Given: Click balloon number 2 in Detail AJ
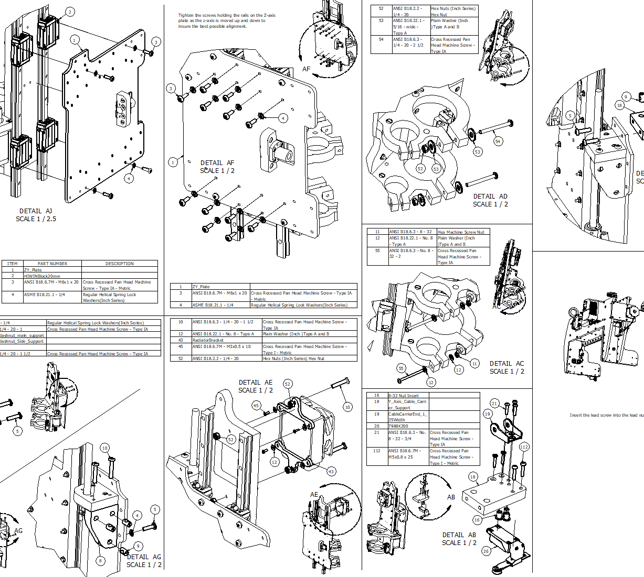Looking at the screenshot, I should click(x=70, y=12).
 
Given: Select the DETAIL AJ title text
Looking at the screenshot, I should click(x=36, y=211).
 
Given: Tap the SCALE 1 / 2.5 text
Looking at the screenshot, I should click(x=36, y=219).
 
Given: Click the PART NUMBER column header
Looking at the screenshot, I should click(x=52, y=264).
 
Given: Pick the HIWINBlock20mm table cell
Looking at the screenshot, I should click(x=42, y=276).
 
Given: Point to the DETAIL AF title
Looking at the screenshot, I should click(x=217, y=163).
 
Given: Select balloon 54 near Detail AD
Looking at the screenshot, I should click(x=498, y=141).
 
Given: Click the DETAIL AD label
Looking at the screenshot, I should click(x=490, y=197).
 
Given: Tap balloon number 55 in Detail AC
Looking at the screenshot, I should click(x=401, y=368).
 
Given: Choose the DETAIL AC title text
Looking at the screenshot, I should click(x=506, y=364).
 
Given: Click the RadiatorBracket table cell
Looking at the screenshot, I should click(x=208, y=340).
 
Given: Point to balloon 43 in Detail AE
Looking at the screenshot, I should click(x=331, y=472).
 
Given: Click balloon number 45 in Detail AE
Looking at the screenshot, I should click(x=256, y=406).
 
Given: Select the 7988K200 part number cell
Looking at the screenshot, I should click(x=398, y=426).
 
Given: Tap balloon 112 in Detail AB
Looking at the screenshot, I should click(x=524, y=447).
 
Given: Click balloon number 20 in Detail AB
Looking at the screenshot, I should click(x=486, y=551).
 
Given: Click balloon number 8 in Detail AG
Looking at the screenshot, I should click(x=100, y=561).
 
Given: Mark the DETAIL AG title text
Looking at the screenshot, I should click(x=144, y=557).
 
